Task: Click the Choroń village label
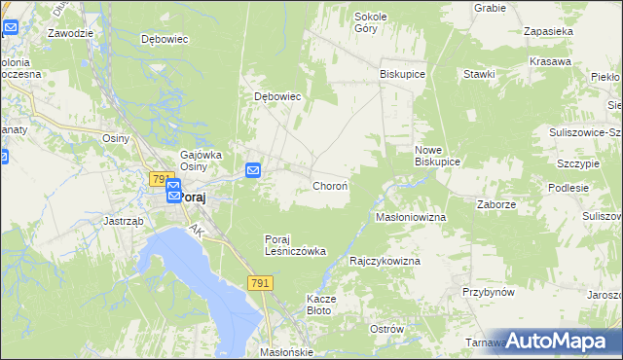coord(330,185)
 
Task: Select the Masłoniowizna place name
coord(411,217)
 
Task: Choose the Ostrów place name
coord(386,329)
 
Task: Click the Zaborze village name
coord(495,204)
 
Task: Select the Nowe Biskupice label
coord(437,156)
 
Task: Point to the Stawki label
coord(480,74)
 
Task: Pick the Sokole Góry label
coord(371,22)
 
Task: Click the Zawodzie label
coord(70,32)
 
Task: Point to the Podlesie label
coord(568,188)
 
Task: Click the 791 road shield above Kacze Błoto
coord(259,282)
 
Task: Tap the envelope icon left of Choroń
coord(253,170)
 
